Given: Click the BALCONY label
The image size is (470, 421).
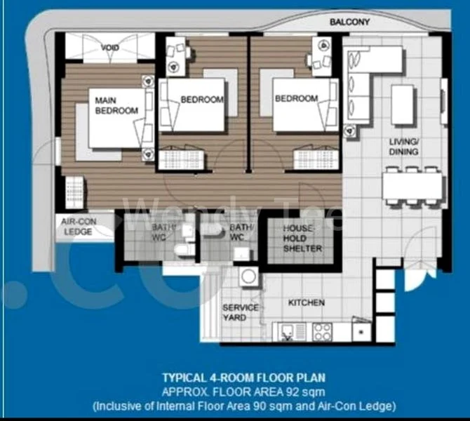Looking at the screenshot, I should (349, 22).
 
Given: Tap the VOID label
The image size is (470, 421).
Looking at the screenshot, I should (110, 48).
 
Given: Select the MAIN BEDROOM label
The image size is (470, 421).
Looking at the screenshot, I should (116, 106).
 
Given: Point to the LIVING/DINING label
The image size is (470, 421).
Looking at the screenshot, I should (404, 147).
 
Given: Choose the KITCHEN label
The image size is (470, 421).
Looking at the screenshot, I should (307, 303).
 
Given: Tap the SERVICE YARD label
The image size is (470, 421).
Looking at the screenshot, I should (240, 313).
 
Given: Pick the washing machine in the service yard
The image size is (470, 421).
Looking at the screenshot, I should (248, 276).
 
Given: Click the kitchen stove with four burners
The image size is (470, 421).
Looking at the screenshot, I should (322, 330).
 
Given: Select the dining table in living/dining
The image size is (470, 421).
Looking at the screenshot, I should (412, 187).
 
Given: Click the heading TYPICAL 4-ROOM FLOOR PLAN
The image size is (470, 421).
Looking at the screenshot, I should (243, 377).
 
